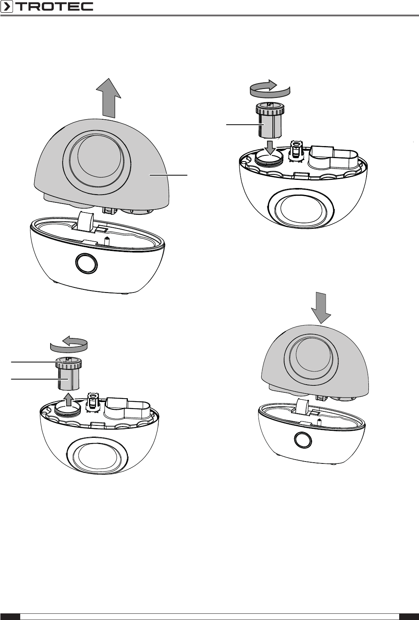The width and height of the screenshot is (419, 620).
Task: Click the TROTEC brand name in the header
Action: coord(54,7)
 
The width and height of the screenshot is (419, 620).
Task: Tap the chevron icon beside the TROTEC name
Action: coord(7,7)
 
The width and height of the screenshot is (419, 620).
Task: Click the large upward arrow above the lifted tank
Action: coord(108,98)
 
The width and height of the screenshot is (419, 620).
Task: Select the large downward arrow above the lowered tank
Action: coord(321,308)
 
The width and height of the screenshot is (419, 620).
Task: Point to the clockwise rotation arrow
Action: coord(270,89)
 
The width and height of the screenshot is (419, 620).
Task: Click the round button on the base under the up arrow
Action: coord(86,263)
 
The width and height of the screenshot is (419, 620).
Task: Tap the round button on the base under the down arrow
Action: coord(302,439)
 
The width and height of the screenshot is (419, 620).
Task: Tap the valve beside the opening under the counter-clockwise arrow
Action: coord(93,402)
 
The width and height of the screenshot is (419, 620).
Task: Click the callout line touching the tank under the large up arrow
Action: coord(168,175)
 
